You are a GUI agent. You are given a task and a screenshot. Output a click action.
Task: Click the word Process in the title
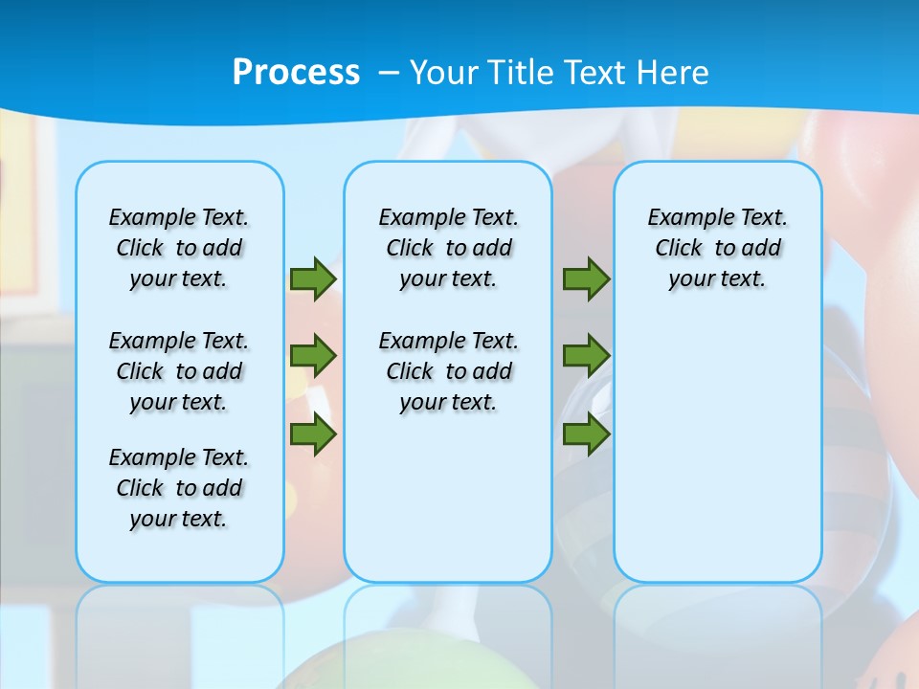click(x=296, y=73)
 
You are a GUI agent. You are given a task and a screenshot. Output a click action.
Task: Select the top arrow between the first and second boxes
click(x=312, y=279)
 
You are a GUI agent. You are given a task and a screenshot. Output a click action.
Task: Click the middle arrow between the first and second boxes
click(x=312, y=357)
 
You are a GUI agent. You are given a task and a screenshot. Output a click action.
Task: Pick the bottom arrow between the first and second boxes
click(x=312, y=434)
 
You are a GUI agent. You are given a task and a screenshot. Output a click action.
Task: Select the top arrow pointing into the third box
click(x=586, y=279)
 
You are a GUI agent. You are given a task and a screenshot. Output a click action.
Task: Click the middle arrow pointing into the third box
click(x=586, y=357)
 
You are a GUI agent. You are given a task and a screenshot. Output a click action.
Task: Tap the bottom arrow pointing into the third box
click(x=586, y=434)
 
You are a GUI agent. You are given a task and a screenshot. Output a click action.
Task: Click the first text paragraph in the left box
click(x=179, y=248)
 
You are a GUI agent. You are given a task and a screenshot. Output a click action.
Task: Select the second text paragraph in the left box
click(x=179, y=371)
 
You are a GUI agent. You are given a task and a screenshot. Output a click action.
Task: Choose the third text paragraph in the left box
click(x=179, y=488)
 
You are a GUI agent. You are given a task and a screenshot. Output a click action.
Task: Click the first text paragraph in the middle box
click(x=448, y=248)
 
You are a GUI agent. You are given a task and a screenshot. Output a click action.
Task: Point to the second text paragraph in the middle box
click(x=448, y=371)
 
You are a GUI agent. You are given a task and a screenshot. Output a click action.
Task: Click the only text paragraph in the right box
click(x=718, y=248)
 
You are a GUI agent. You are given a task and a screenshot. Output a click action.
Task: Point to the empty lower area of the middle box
click(x=448, y=498)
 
